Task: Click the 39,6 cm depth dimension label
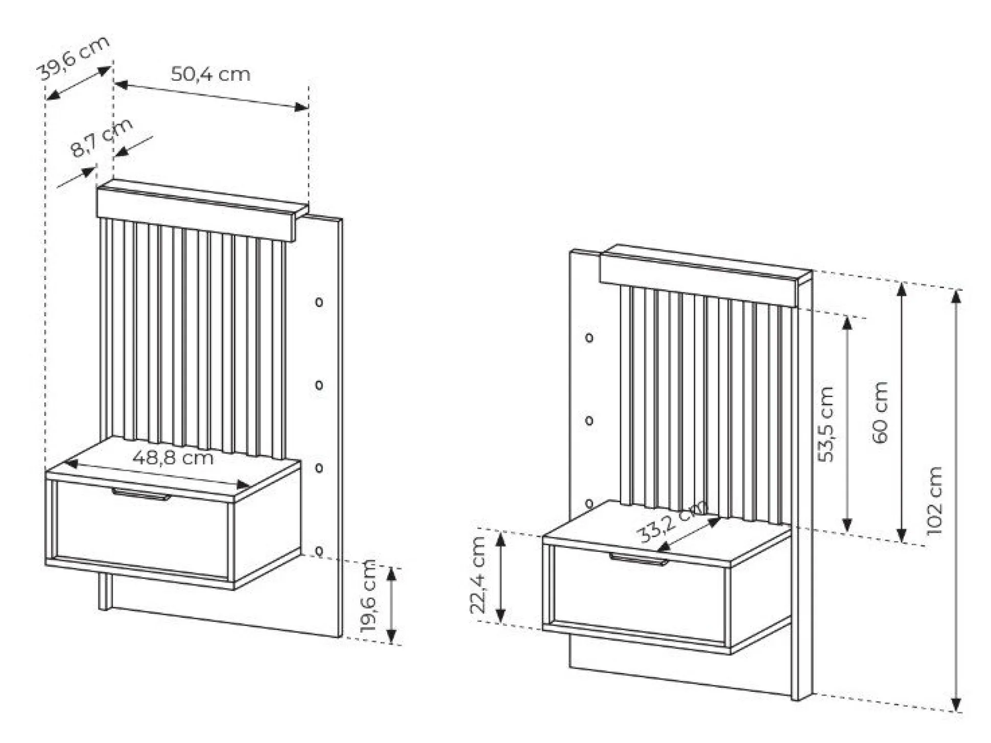coord(74,58)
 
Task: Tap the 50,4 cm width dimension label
coord(210,75)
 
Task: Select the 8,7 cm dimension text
coord(101,137)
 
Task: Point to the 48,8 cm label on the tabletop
coord(173,457)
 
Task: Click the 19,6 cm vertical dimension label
coord(369,596)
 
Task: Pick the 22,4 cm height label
coord(478,575)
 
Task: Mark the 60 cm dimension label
coord(880,412)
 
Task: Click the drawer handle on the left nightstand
coord(141,494)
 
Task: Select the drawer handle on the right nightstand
coord(639,559)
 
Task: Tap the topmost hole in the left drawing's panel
coord(319,302)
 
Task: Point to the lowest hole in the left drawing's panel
coord(319,551)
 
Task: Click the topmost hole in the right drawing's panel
coord(589,338)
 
